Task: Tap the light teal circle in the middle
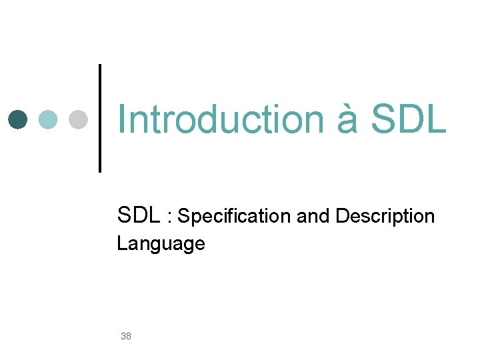(48, 119)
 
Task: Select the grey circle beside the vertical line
(78, 119)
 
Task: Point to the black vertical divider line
(100, 118)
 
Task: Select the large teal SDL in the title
(407, 119)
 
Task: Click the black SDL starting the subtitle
(139, 215)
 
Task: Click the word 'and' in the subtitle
(312, 217)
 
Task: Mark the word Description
(385, 217)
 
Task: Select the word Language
(161, 244)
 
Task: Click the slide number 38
(126, 336)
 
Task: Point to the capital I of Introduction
(121, 119)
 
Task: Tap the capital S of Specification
(183, 217)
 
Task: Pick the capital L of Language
(121, 243)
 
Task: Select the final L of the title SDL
(435, 119)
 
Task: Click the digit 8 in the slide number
(129, 336)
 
